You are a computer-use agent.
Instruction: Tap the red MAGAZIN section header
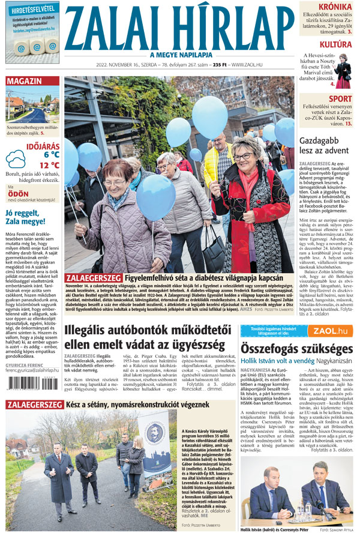tap(25, 81)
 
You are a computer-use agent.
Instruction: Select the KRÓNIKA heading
tap(335, 7)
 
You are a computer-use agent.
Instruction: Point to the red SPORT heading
tap(340, 99)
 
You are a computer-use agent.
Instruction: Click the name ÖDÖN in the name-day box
tap(19, 194)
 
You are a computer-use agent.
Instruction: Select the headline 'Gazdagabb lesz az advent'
tap(323, 146)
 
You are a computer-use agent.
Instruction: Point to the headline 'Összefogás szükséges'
tap(296, 349)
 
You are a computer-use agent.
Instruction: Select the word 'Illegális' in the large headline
tap(96, 331)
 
